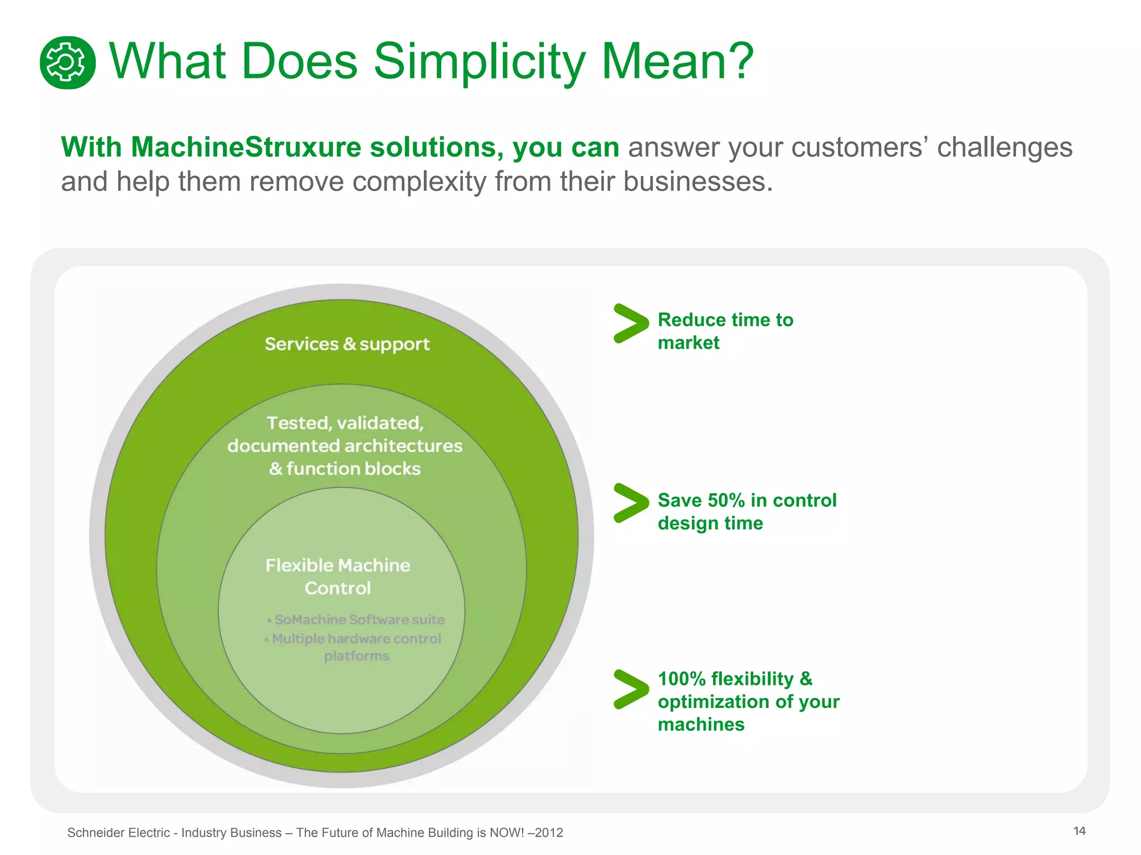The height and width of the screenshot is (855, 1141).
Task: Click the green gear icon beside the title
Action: point(67,62)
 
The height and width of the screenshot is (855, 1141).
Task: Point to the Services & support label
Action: point(347,344)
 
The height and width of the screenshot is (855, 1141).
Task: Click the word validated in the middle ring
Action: point(380,423)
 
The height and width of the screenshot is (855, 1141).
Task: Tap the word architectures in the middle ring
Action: point(403,446)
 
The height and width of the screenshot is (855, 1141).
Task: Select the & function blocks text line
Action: point(345,469)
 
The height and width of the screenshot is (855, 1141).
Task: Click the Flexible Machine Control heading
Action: point(338,576)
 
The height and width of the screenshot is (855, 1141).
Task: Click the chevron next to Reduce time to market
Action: point(630,323)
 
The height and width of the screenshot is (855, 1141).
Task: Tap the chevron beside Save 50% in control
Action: point(630,503)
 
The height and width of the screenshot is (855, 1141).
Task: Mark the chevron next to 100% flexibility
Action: point(630,689)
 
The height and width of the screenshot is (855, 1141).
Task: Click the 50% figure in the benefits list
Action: point(725,500)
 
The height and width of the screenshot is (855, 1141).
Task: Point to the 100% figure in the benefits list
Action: point(681,679)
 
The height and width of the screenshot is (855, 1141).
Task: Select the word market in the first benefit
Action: point(688,343)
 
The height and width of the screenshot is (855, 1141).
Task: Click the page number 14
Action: point(1079,831)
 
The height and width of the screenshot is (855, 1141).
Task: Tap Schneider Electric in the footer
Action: point(118,833)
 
